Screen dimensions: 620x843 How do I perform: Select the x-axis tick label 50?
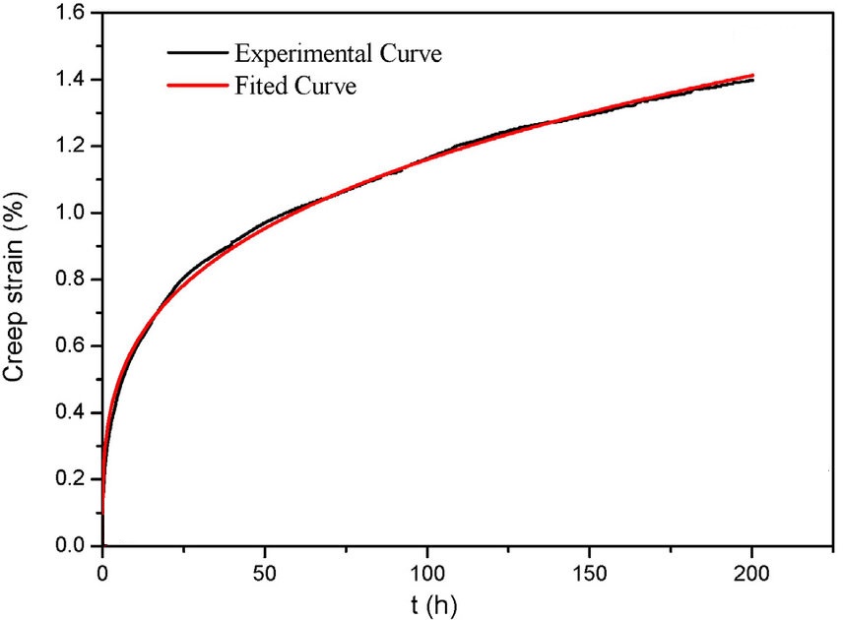pos(265,570)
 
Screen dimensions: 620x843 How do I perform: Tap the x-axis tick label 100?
pos(426,570)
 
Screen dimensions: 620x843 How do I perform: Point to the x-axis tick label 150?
pos(589,570)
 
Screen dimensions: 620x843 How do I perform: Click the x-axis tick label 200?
pos(751,570)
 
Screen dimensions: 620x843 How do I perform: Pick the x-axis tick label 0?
pos(102,570)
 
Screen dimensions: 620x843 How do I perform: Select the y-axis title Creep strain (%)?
pos(21,279)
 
